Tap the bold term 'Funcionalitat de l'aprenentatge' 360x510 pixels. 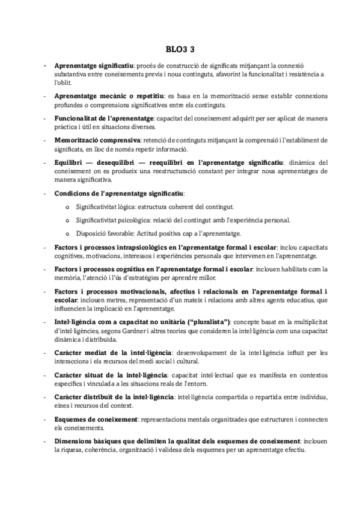(104, 118)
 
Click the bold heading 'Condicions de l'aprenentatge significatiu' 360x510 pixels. (120, 193)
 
